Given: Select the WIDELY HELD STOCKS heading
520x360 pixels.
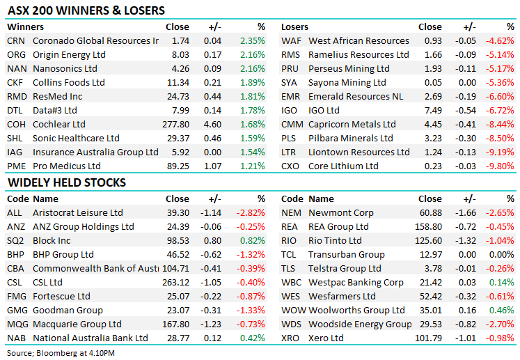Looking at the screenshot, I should coord(66,182).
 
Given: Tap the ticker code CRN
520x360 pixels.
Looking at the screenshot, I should coord(15,41).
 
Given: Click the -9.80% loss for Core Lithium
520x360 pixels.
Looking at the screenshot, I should coord(501,166).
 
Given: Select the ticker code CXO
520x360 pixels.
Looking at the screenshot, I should coord(290,166).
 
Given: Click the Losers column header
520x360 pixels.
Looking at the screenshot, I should coord(294,27).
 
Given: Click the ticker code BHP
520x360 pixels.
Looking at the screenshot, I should coord(16,255).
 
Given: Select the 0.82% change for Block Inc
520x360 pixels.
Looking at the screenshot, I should coord(253,241).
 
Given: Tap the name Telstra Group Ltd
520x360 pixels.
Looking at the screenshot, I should coord(345,269).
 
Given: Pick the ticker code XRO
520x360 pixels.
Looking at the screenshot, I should coord(291,338).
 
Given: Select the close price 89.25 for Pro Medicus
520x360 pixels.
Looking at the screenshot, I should coord(177,166).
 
